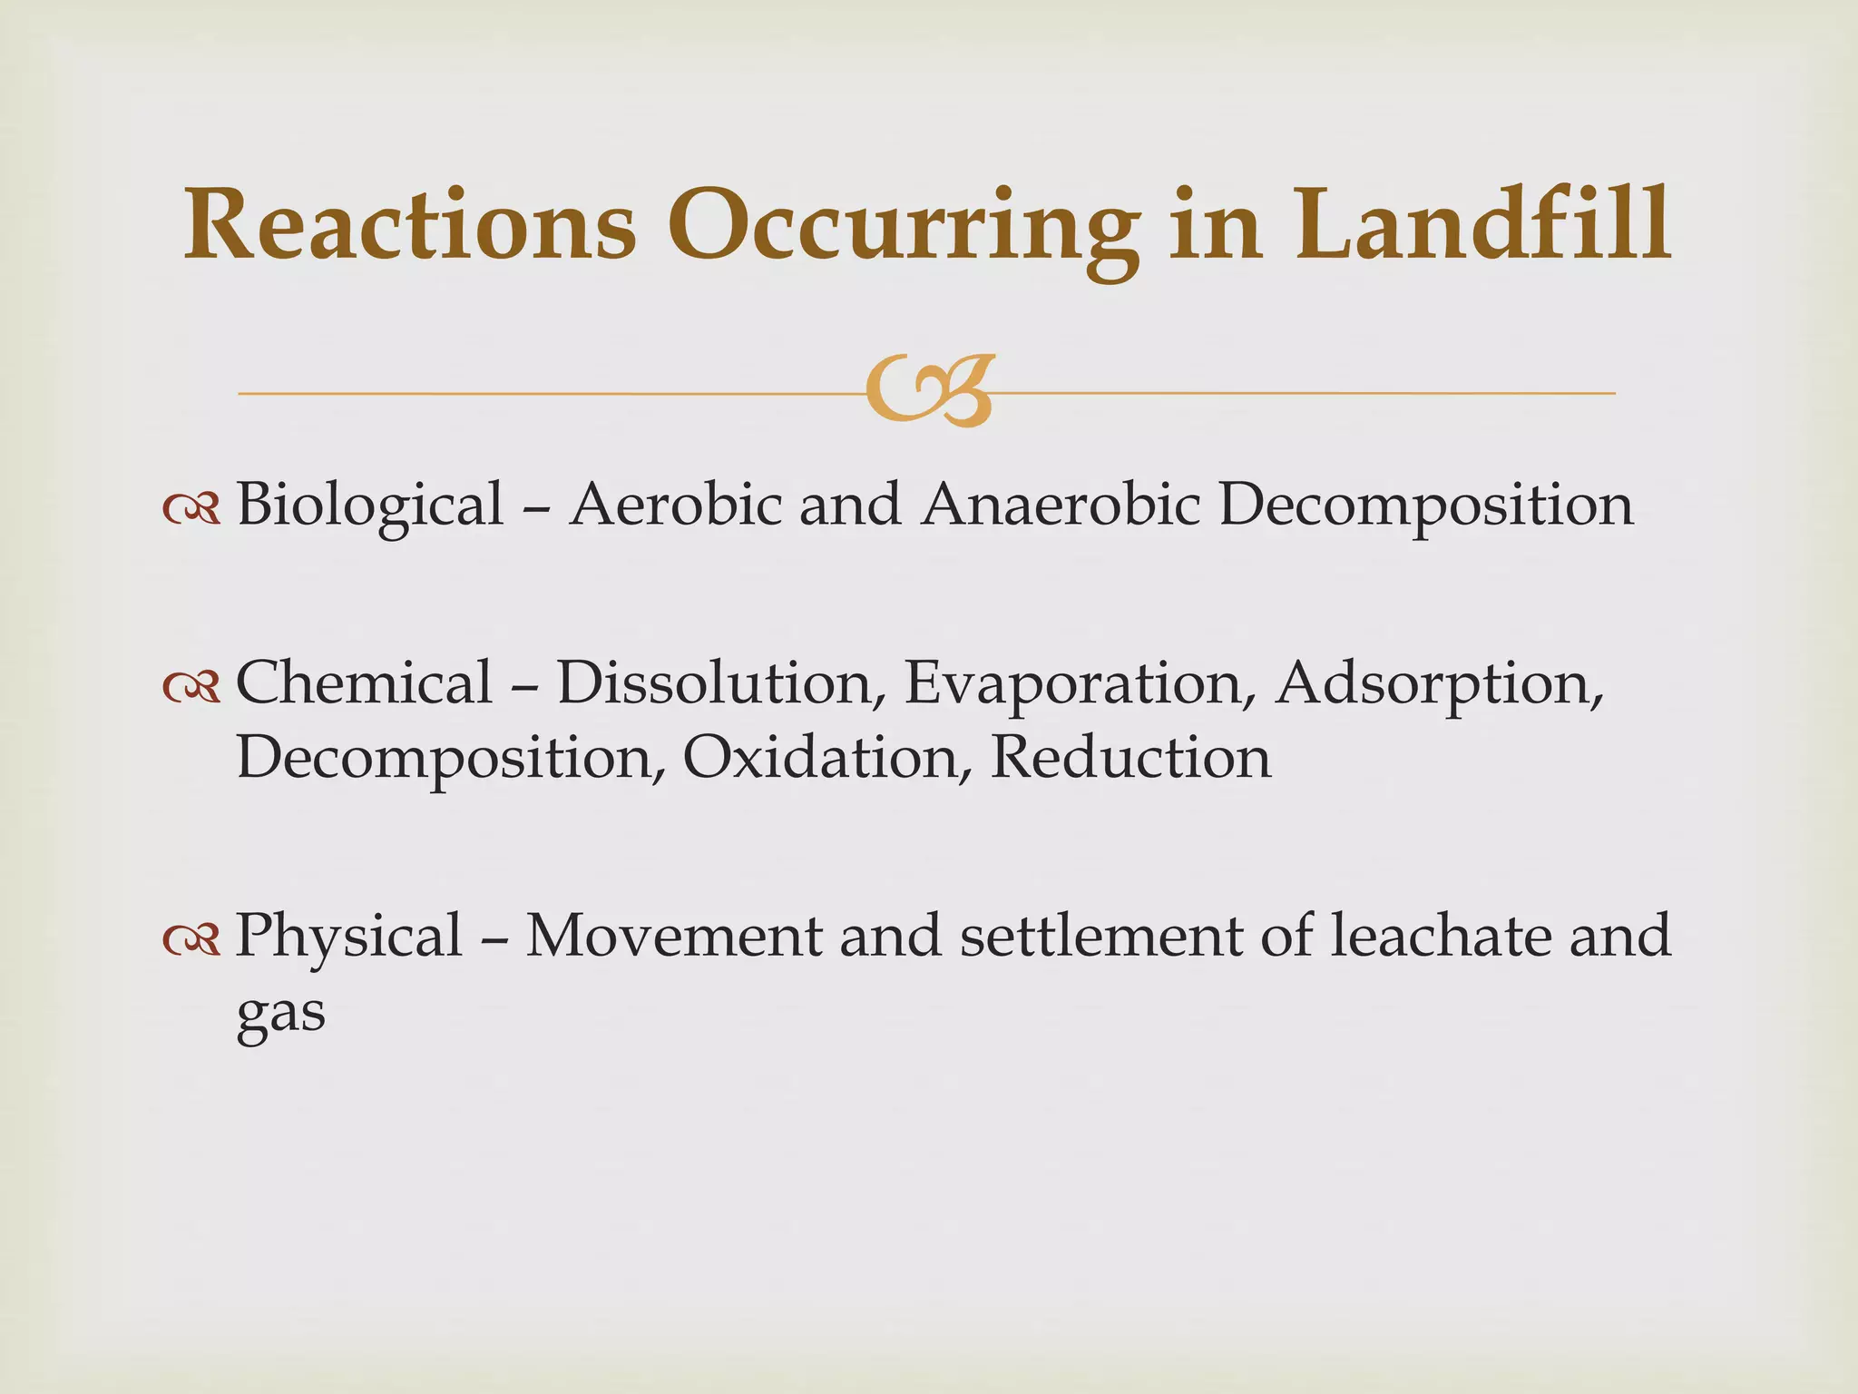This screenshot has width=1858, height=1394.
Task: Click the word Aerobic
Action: coord(675,503)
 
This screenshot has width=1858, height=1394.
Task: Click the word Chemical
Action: coord(364,682)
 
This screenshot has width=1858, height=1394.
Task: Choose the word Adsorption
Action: coord(1439,682)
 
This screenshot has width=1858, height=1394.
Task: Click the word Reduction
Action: coord(1130,757)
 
